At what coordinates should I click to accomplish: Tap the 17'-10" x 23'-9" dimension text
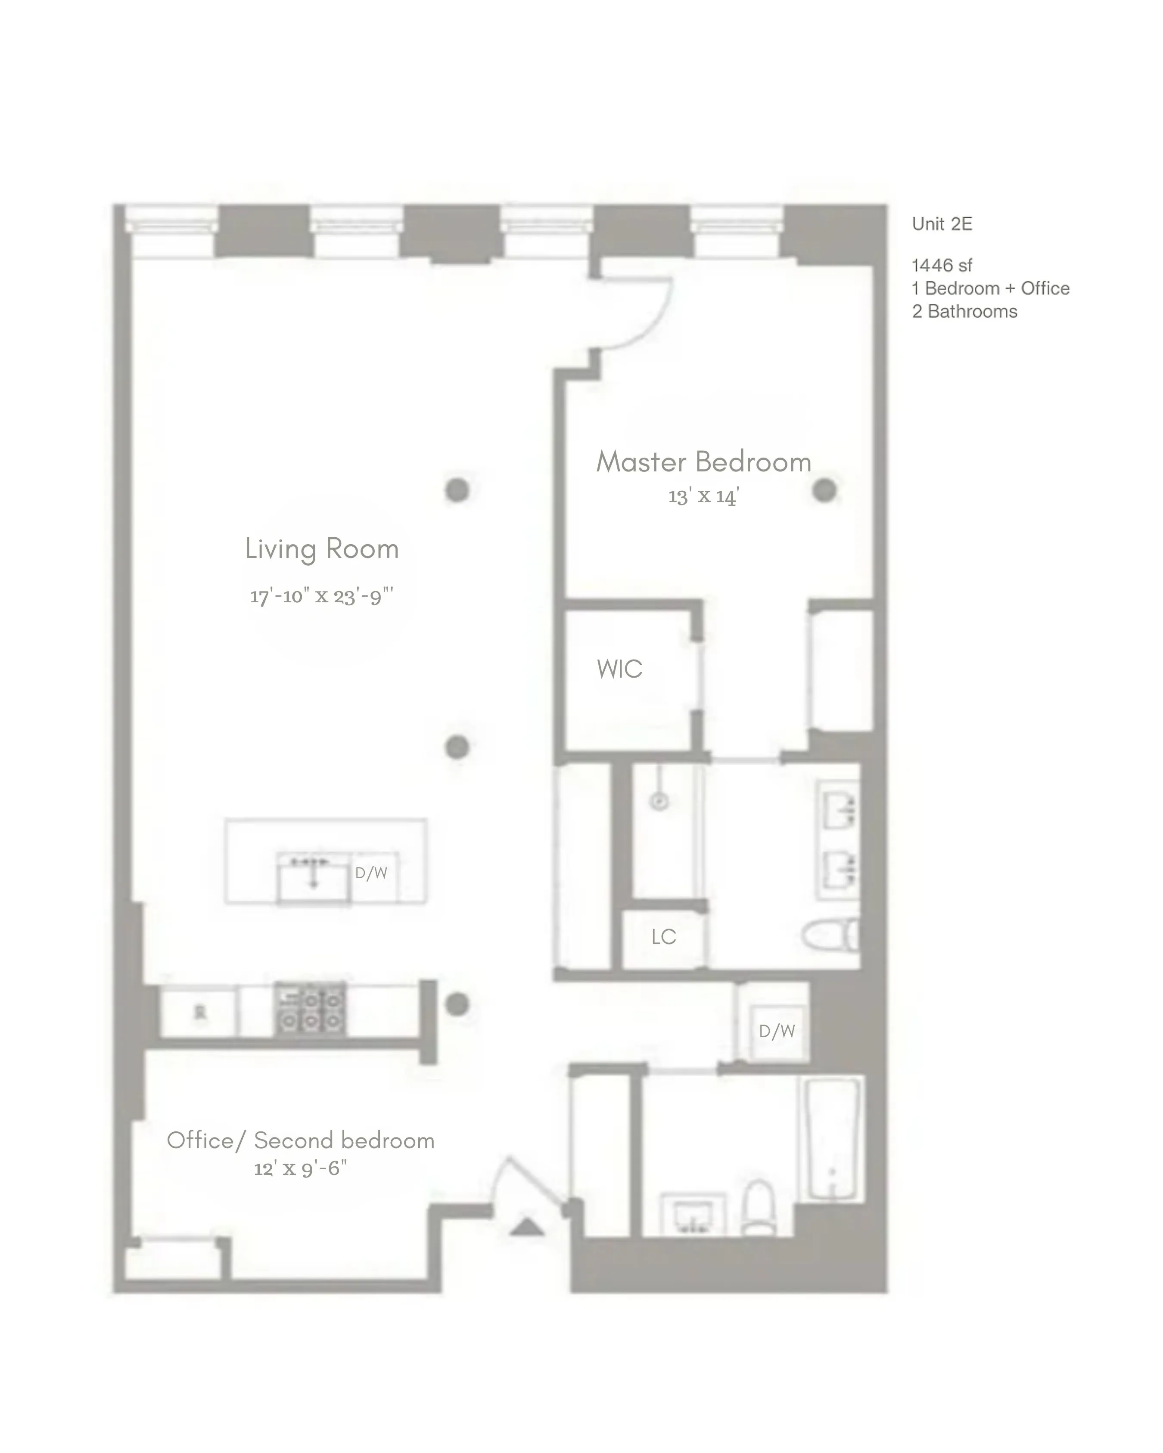[x=322, y=596]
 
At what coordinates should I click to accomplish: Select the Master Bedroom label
[x=703, y=462]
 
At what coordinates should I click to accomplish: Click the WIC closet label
[x=619, y=669]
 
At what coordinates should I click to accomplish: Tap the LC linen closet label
[x=663, y=937]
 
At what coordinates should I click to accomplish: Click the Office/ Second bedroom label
[x=301, y=1140]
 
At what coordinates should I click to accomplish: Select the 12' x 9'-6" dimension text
[x=301, y=1168]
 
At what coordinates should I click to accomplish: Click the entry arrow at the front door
[x=526, y=1227]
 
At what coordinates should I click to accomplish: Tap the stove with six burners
[x=310, y=1010]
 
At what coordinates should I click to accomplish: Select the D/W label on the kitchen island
[x=371, y=874]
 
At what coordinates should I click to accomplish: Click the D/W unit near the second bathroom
[x=777, y=1031]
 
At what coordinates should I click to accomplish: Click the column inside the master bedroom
[x=824, y=491]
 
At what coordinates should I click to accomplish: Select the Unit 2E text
[x=942, y=224]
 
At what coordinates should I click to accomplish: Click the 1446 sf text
[x=942, y=266]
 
